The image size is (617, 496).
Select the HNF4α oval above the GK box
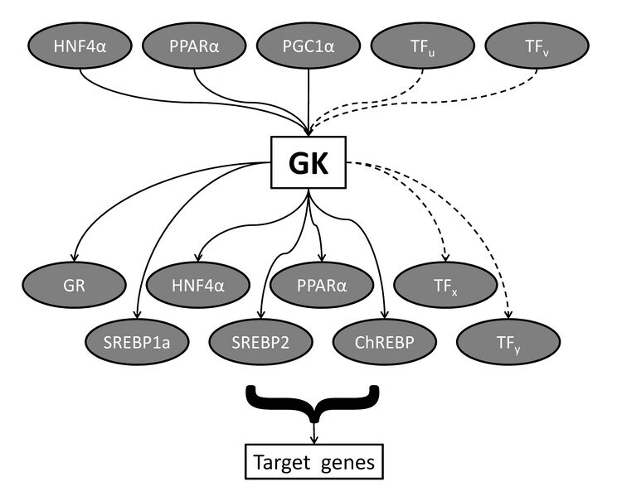point(80,46)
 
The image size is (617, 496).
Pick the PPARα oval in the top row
point(195,46)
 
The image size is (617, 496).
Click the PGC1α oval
point(308,46)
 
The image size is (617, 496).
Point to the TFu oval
point(423,46)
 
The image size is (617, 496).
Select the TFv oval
point(537,46)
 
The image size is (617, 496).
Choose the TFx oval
point(445,289)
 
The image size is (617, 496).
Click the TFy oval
point(508,339)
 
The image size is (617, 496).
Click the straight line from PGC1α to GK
point(308,99)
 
